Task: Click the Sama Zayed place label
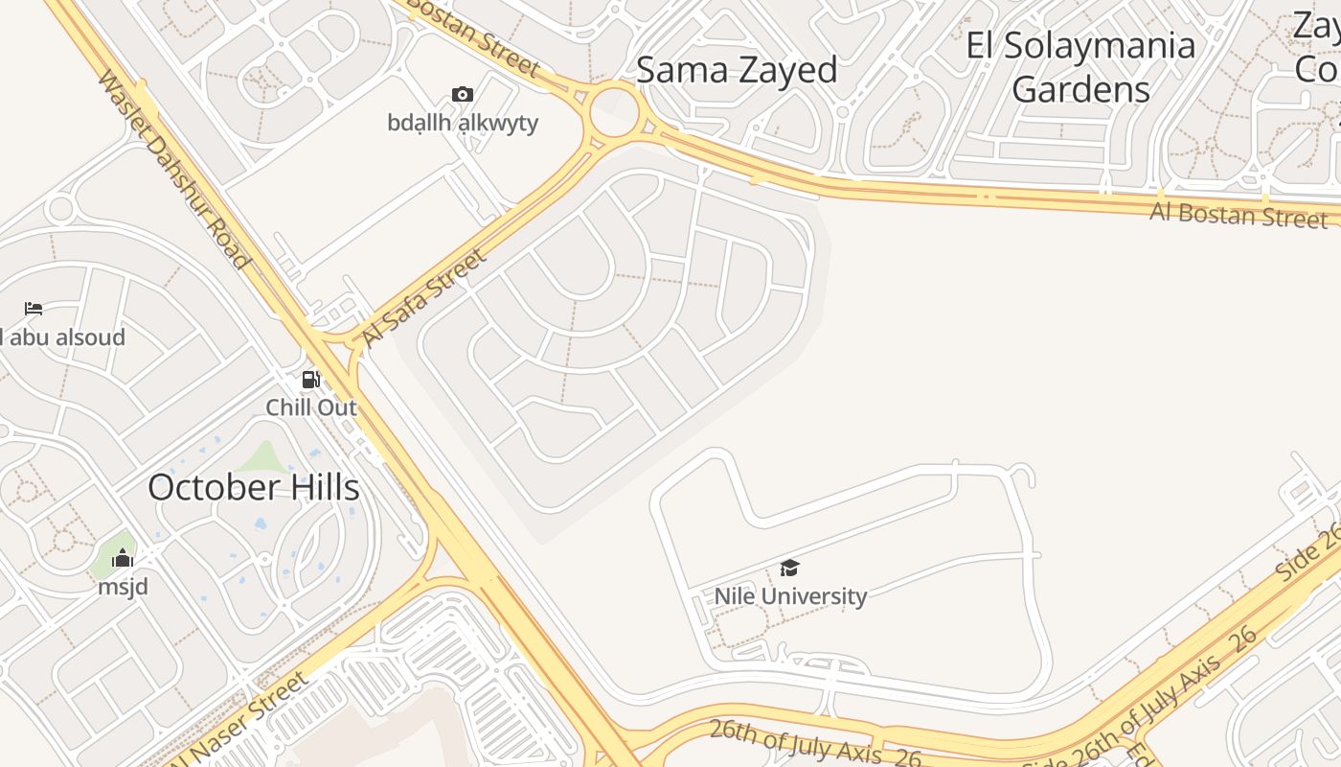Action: tap(737, 70)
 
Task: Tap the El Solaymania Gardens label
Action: tap(1080, 67)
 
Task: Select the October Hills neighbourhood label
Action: tap(254, 487)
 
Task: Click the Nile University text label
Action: tap(790, 595)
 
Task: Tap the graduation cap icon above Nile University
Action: tap(789, 569)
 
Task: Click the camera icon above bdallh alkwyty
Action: tap(463, 94)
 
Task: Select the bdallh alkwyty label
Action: tap(463, 123)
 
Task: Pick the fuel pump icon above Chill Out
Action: tap(310, 380)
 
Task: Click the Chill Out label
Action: tap(311, 407)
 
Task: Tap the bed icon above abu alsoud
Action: tap(34, 309)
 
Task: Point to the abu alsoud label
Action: tap(63, 337)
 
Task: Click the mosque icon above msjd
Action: tap(123, 559)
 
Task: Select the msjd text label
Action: tap(123, 586)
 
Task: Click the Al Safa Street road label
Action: tap(424, 297)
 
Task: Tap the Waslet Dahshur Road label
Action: tap(173, 169)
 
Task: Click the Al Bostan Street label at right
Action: tap(1238, 215)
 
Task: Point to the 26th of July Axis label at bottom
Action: tap(814, 744)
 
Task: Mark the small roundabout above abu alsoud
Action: tap(60, 208)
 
